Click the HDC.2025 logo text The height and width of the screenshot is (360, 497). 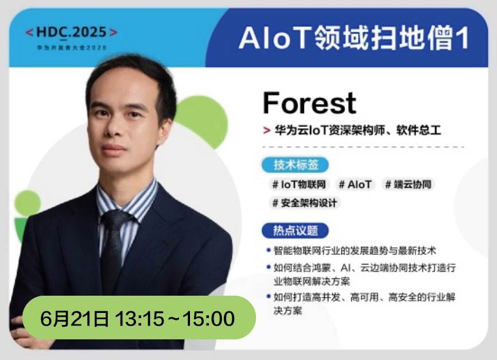pyautogui.click(x=71, y=32)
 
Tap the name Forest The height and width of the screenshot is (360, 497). pyautogui.click(x=310, y=103)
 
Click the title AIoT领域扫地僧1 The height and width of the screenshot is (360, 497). pyautogui.click(x=353, y=38)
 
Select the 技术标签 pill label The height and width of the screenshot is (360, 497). pyautogui.click(x=295, y=165)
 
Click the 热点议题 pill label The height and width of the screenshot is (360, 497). pyautogui.click(x=295, y=231)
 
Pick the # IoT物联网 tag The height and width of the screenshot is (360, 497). pyautogui.click(x=299, y=184)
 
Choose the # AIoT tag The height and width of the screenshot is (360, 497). pyautogui.click(x=355, y=184)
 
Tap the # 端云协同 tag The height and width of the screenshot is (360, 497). pyautogui.click(x=408, y=184)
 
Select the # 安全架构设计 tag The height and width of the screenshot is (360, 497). pyautogui.click(x=305, y=203)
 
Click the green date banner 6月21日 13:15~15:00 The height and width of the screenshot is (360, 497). pyautogui.click(x=139, y=318)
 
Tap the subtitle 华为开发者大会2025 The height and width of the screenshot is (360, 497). pyautogui.click(x=72, y=48)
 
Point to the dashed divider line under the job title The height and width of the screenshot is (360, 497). pyautogui.click(x=363, y=147)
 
